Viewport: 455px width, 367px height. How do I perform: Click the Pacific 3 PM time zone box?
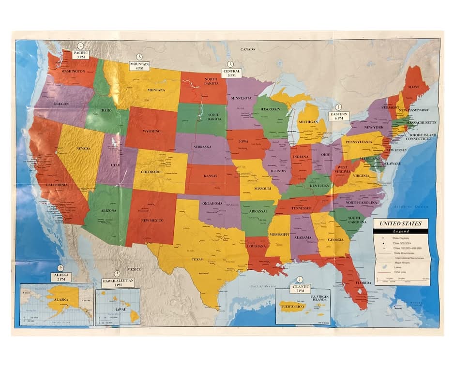point(80,54)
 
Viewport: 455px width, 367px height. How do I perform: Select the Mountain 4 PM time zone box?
point(139,66)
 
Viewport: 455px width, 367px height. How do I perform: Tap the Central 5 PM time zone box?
point(231,73)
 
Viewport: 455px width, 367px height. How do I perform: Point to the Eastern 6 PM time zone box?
point(339,116)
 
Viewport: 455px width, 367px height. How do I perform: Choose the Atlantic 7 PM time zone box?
point(301,288)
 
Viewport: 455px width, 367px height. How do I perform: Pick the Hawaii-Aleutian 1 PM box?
point(118,282)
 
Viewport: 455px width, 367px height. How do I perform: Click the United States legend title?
point(400,223)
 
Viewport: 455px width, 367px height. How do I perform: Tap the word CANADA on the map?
point(248,49)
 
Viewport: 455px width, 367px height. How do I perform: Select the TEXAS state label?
point(197,259)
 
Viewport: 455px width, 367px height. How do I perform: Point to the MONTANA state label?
point(156,90)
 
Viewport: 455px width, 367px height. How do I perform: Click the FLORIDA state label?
point(363,282)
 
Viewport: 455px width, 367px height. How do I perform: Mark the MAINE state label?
point(414,87)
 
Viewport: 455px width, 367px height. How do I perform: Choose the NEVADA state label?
point(83,148)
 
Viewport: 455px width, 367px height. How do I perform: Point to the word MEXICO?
point(134,269)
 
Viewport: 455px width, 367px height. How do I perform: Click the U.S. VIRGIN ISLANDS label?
point(319,297)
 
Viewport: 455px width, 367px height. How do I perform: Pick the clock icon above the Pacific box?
point(80,45)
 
